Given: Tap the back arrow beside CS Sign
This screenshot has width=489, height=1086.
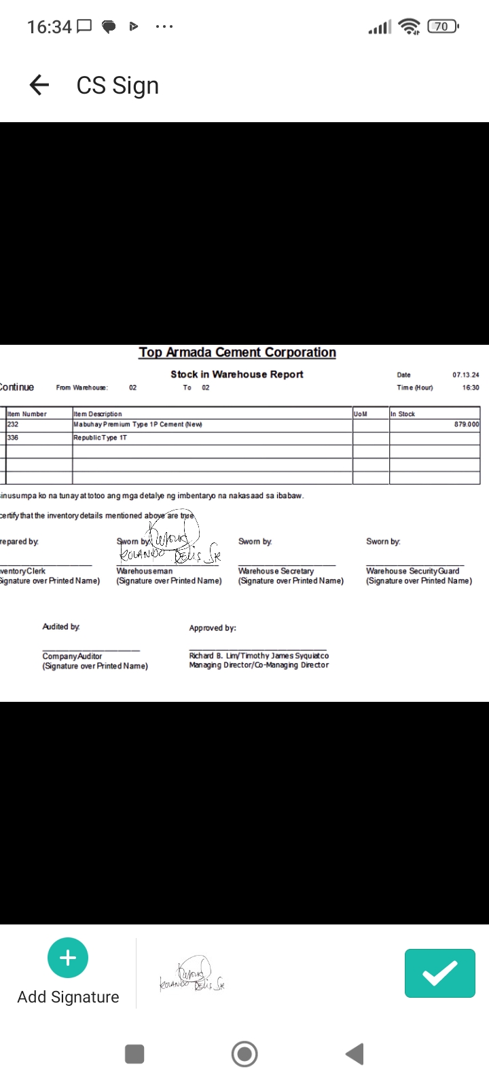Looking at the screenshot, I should click(39, 85).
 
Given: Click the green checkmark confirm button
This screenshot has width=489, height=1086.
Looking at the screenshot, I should click(439, 973).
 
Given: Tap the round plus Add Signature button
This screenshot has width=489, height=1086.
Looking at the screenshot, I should click(68, 958).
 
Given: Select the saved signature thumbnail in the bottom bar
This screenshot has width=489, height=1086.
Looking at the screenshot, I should click(192, 975).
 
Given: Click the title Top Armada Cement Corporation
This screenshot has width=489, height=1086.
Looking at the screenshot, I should click(237, 352).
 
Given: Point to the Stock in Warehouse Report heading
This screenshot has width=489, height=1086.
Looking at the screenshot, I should click(236, 374).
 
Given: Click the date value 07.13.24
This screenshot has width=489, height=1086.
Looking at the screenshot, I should click(465, 375).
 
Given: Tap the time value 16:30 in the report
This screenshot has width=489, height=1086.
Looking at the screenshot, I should click(470, 388).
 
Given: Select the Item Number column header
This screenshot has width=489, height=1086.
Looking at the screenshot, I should click(27, 414).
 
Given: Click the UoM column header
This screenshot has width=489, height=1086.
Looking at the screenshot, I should click(361, 414).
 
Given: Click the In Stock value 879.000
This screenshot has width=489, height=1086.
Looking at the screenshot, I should click(466, 424).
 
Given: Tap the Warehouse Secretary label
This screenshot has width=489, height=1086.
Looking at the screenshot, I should click(276, 571).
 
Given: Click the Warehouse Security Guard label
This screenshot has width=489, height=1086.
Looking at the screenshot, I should click(412, 571).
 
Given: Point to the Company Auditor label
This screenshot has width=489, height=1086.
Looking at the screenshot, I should click(72, 656).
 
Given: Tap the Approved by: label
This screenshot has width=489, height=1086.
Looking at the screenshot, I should click(213, 628).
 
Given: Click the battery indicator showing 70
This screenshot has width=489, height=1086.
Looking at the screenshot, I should click(442, 26).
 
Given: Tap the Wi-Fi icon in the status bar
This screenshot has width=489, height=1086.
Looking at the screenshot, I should click(409, 26).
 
